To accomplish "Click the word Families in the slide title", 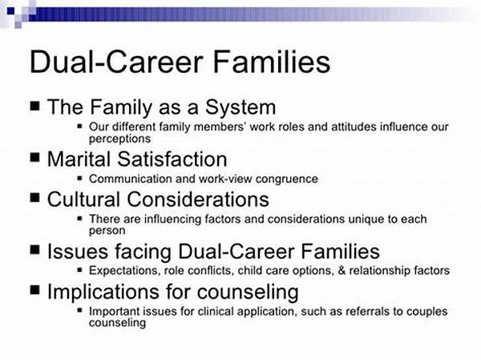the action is (271, 62).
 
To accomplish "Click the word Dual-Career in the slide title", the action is (116, 62).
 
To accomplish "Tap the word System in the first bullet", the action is (240, 108).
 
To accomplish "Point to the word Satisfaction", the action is (172, 160).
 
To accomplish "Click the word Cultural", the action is (83, 199).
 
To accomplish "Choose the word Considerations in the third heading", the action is (198, 199).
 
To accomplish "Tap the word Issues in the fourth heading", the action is (77, 251).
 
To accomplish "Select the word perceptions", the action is (119, 139).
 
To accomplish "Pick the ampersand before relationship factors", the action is (342, 271).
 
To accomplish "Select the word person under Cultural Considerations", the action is (107, 231).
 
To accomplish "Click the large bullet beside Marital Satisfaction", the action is (35, 158).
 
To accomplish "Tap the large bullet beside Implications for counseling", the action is (35, 289).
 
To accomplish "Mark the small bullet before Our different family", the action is (79, 126).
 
